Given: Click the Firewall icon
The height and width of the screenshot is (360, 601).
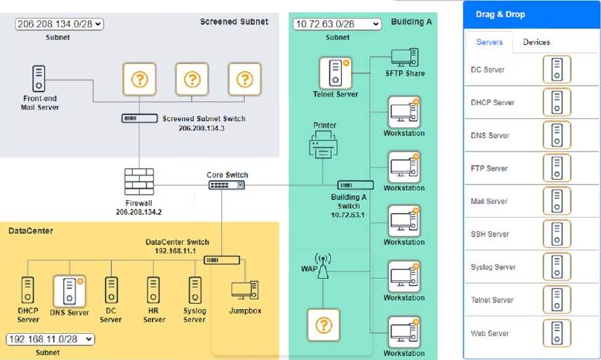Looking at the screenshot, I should tap(138, 181).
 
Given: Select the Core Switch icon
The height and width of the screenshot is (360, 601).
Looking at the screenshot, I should tap(226, 185).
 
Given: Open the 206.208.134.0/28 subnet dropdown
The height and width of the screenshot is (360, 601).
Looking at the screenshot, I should tap(60, 24).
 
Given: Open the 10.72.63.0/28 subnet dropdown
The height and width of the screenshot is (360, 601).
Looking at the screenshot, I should tap(338, 24).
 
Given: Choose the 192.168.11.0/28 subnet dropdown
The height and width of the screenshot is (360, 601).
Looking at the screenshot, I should tap(50, 339).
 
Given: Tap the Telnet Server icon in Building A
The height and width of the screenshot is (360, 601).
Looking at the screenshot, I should tap(335, 72).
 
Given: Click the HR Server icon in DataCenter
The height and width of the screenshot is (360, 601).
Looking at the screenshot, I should tap(153, 290).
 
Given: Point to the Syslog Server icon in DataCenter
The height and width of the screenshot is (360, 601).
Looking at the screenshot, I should tap(195, 290).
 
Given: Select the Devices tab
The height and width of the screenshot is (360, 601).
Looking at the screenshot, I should tap(536, 42).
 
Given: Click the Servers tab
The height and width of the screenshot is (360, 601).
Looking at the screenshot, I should tap(489, 42).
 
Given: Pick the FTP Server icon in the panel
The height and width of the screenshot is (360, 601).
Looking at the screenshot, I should tap(557, 168).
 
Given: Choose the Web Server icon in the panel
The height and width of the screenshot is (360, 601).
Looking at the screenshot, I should tap(557, 333).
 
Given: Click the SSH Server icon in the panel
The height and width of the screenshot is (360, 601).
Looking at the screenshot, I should tap(557, 234).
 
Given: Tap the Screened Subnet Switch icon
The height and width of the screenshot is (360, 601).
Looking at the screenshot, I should tap(139, 118).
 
